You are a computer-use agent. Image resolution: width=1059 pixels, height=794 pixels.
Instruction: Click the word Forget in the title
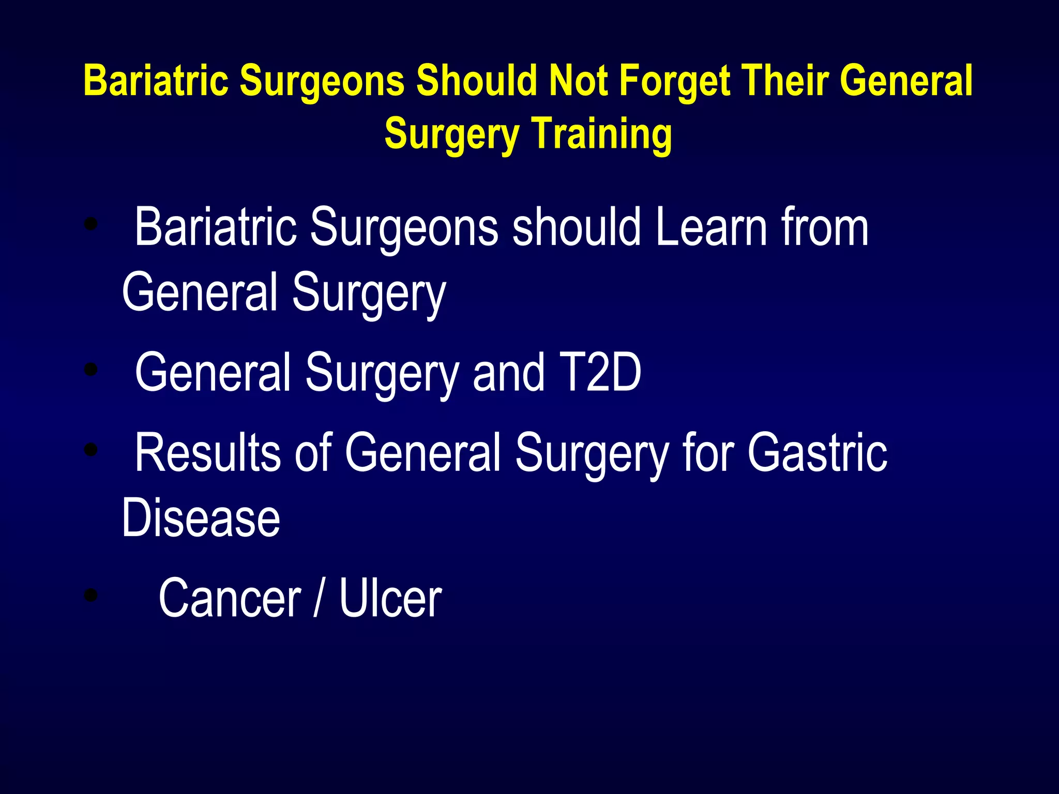click(675, 82)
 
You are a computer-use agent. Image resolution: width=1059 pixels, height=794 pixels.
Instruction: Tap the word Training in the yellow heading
click(602, 134)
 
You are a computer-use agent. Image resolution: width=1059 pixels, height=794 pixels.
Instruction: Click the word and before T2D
click(508, 372)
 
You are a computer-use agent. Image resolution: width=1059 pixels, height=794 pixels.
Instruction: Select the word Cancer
click(230, 598)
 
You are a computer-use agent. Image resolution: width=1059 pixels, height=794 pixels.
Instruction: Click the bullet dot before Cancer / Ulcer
click(91, 595)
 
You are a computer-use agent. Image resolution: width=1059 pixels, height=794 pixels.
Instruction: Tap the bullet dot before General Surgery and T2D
click(91, 369)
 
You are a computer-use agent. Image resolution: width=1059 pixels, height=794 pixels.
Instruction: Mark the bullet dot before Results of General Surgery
click(91, 449)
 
